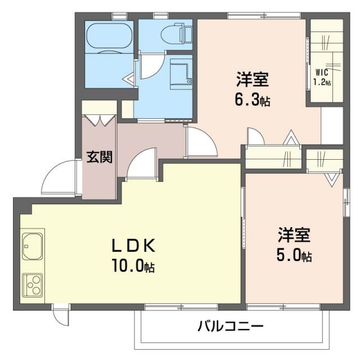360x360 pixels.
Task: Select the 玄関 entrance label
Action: click(x=99, y=156)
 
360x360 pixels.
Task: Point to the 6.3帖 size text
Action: click(x=252, y=101)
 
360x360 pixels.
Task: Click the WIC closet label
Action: click(x=322, y=72)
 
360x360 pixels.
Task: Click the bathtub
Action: click(x=109, y=37)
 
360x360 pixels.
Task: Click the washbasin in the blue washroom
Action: click(x=179, y=73)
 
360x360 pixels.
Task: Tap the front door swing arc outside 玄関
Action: click(x=60, y=176)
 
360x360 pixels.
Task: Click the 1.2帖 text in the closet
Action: click(x=322, y=82)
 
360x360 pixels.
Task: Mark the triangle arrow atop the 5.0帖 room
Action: click(x=331, y=179)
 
